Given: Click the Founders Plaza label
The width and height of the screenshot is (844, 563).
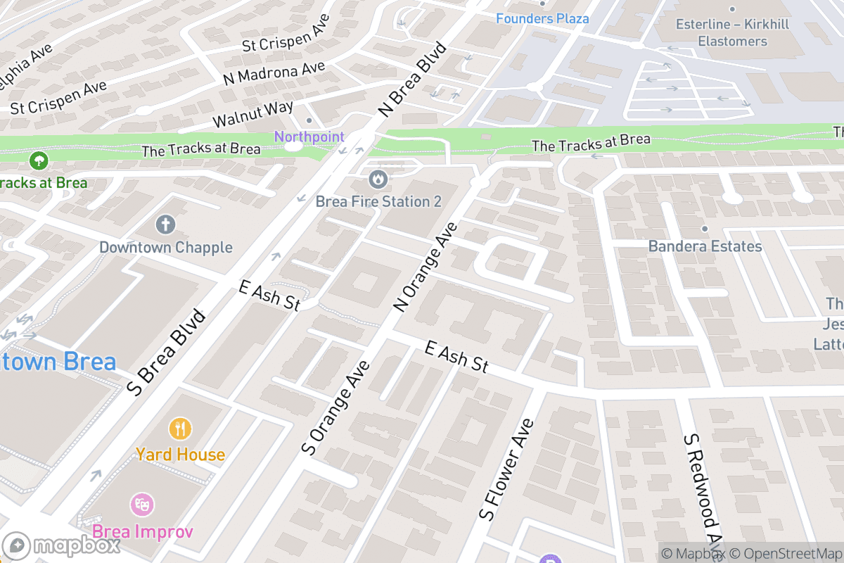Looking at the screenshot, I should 542,18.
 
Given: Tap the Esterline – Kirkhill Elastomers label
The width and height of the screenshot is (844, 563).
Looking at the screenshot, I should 732,33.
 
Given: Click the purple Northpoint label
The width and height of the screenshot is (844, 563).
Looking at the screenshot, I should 309,137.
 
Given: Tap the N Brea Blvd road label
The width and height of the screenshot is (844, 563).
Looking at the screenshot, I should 412,79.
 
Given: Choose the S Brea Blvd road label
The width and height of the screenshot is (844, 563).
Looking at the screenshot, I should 167,353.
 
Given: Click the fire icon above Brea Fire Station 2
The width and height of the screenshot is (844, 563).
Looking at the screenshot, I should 378,179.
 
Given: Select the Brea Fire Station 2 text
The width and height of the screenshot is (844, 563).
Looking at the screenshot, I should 378,201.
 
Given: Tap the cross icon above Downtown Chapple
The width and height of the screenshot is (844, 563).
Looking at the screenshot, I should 165,225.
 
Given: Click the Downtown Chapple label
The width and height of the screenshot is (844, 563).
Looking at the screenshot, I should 165,247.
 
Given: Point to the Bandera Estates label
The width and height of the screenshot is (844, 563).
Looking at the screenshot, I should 705,246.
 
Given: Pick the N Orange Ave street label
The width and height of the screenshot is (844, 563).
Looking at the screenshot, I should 426,267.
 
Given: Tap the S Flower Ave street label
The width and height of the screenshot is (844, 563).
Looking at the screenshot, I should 506,469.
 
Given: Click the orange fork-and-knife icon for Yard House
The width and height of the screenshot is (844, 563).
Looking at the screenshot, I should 180,428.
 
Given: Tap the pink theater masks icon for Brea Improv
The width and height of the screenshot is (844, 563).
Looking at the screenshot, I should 142,504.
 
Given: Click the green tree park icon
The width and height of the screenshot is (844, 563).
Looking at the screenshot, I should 39,161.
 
